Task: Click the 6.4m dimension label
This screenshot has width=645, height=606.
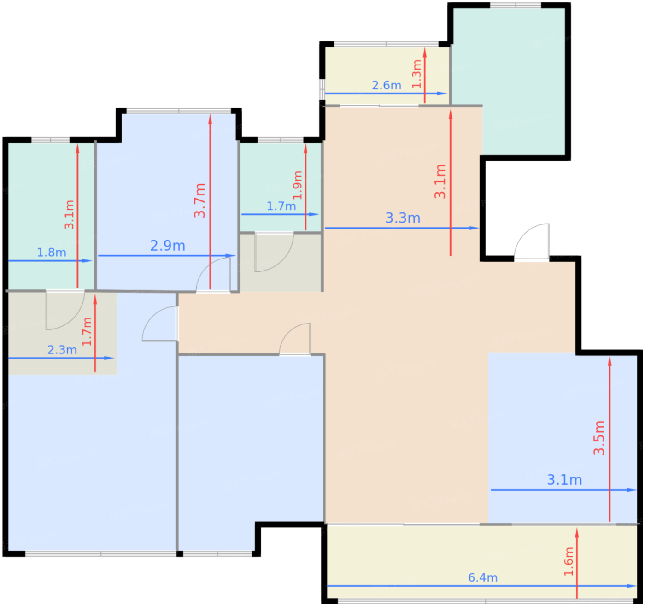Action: point(483,577)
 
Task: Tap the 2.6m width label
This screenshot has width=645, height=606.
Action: point(387,85)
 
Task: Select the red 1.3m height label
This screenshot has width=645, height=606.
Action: point(416,74)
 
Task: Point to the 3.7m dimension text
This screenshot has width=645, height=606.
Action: point(200,200)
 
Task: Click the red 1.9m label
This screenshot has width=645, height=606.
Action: point(298,185)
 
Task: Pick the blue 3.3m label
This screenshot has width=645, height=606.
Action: point(403,218)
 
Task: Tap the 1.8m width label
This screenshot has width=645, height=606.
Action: point(52,253)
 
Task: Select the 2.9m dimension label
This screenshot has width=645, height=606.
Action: point(168,245)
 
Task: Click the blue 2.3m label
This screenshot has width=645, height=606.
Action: point(62,350)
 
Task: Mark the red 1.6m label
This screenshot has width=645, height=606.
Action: point(569,562)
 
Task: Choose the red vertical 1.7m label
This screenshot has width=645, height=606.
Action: point(87,331)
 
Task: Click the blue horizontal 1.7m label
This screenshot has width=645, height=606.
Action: point(281,206)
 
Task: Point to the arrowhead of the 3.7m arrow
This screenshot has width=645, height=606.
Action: point(210,119)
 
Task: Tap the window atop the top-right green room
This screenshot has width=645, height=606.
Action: point(516,5)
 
